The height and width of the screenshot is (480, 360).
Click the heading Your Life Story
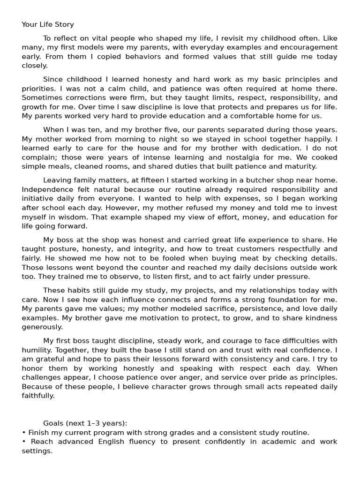(48, 24)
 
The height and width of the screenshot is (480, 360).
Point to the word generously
(42, 327)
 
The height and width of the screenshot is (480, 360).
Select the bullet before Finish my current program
(23, 433)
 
